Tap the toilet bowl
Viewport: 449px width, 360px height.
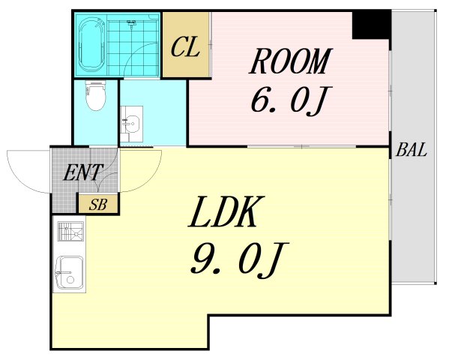tap(94, 97)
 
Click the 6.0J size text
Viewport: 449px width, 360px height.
tap(290, 100)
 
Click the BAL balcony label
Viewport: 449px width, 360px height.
tap(412, 150)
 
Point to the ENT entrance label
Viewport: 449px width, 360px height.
tap(83, 173)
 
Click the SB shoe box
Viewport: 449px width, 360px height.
tap(97, 204)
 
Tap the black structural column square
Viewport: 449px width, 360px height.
tap(371, 25)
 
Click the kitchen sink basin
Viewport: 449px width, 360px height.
tap(70, 274)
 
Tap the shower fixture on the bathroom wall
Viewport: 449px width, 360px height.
tap(132, 25)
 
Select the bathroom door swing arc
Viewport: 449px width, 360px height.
tap(142, 64)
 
